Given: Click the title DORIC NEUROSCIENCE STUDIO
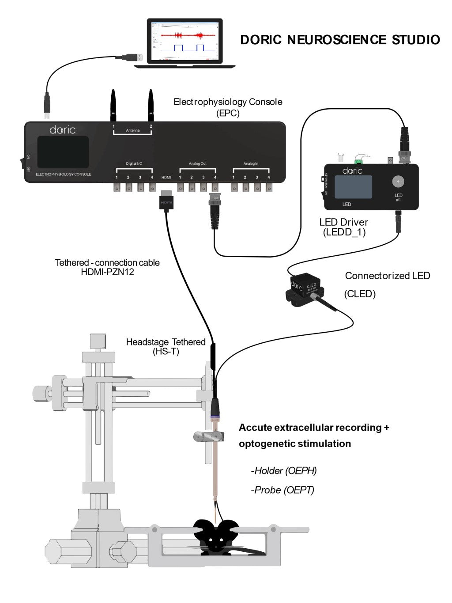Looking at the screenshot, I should [339, 40].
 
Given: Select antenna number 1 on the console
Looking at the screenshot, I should [113, 104].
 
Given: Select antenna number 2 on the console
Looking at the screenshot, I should [151, 104].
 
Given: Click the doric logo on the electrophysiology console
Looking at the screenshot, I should [62, 129].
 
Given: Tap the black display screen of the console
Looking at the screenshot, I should [63, 152].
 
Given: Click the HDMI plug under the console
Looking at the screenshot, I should [166, 200].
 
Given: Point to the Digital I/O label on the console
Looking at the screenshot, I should [134, 163].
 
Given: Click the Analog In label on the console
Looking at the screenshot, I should [251, 163].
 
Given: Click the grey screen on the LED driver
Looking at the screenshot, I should [353, 187].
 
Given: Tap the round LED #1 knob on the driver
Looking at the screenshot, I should [398, 181].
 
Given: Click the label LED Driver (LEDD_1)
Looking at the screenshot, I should [343, 227].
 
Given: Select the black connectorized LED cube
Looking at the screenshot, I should [305, 286].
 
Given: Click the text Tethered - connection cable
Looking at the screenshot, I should [107, 262].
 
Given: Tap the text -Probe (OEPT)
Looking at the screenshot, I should [282, 490].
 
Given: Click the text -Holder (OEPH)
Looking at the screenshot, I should [284, 470].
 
